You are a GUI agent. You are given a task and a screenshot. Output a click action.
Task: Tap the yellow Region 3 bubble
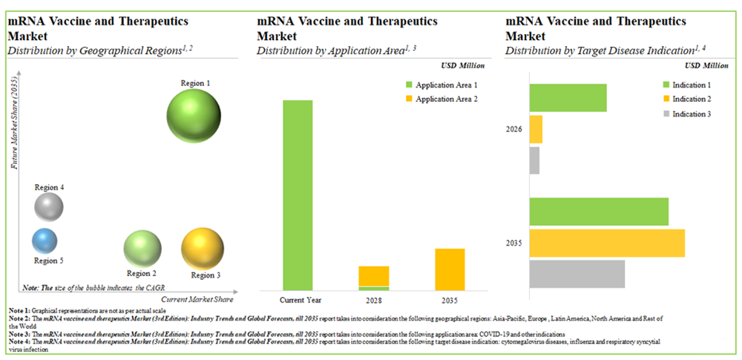202,249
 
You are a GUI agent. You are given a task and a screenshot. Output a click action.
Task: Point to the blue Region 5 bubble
45,240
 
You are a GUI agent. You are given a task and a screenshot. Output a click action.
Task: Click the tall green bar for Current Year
298,194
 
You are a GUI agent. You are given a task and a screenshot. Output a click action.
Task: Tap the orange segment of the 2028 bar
373,275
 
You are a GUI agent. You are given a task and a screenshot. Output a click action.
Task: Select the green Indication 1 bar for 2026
568,98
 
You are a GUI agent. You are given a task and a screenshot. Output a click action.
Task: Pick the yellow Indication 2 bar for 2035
607,243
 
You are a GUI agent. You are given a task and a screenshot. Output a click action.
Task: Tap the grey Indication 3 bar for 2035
577,273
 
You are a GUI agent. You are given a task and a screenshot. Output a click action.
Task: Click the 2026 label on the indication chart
514,129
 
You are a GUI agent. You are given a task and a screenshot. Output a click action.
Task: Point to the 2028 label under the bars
373,300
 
